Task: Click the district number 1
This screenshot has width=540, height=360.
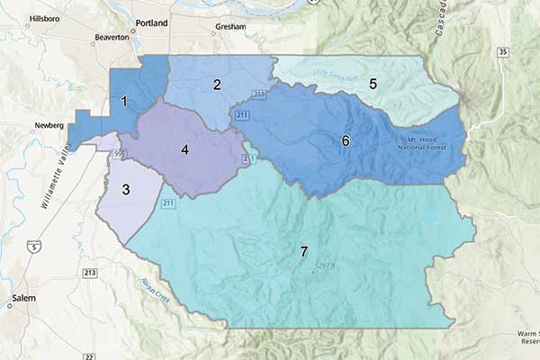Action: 125,102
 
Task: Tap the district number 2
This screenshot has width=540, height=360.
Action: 217,85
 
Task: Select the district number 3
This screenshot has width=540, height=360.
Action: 126,189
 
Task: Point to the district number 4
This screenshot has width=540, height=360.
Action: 184,149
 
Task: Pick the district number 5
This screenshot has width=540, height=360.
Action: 372,83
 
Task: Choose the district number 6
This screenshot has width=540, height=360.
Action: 345,140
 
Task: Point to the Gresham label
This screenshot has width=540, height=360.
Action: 230,28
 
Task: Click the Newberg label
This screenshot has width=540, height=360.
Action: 49,125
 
